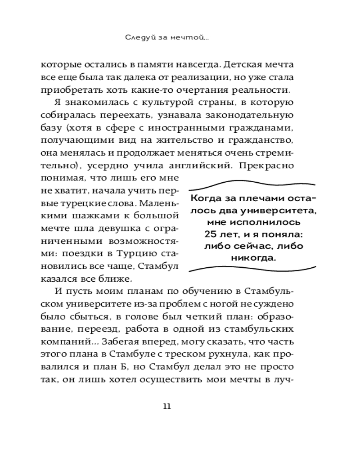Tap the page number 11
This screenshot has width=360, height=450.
(167, 406)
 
